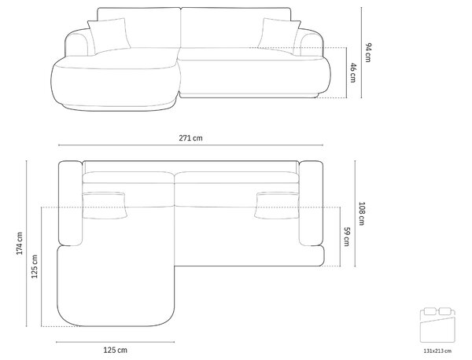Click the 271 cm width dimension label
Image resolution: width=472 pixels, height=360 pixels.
[190, 138]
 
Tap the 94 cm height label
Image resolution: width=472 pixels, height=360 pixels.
[368, 53]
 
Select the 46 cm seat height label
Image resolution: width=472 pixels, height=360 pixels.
[353, 72]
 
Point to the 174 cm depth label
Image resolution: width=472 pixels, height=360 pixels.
[20, 244]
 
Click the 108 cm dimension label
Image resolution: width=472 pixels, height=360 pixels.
[362, 214]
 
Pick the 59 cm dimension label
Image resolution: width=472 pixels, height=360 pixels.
[347, 237]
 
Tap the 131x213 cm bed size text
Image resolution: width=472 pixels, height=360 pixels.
[437, 351]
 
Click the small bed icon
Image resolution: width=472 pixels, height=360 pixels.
[437, 325]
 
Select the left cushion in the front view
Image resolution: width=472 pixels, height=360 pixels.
[109, 35]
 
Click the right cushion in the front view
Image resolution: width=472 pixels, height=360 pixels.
[279, 36]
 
